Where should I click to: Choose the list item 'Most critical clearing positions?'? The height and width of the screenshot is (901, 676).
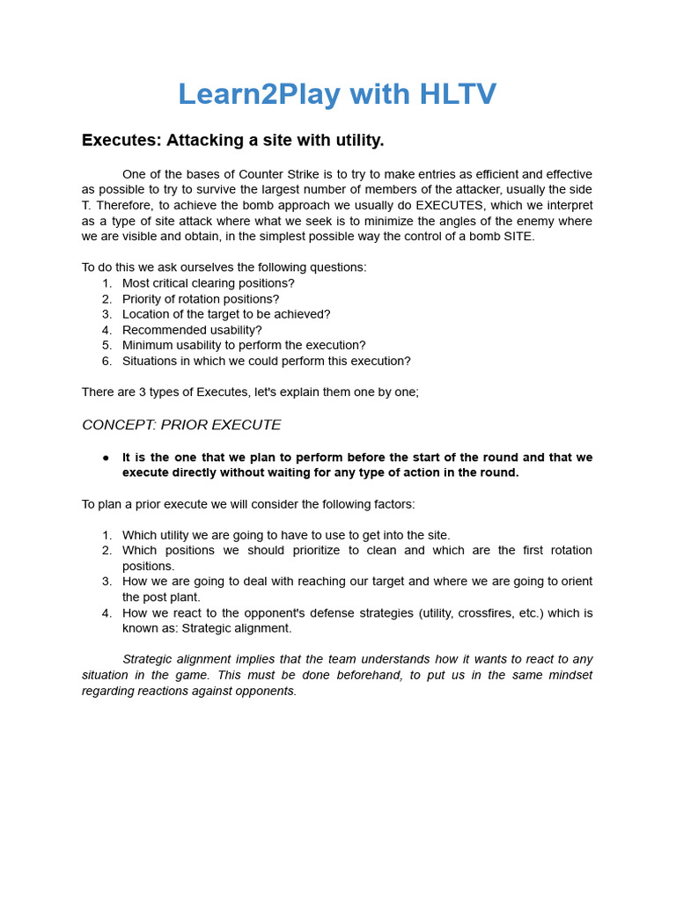pyautogui.click(x=209, y=283)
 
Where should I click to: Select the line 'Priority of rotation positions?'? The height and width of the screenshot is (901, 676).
pyautogui.click(x=201, y=299)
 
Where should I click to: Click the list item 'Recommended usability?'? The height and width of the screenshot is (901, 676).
pyautogui.click(x=192, y=330)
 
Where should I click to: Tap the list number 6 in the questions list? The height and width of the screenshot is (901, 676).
pyautogui.click(x=107, y=361)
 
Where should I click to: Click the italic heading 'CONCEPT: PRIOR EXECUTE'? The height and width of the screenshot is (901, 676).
pyautogui.click(x=181, y=425)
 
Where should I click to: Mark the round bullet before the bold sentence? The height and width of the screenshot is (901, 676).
pyautogui.click(x=106, y=458)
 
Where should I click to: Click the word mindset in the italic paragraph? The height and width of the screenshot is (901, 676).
pyautogui.click(x=569, y=675)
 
